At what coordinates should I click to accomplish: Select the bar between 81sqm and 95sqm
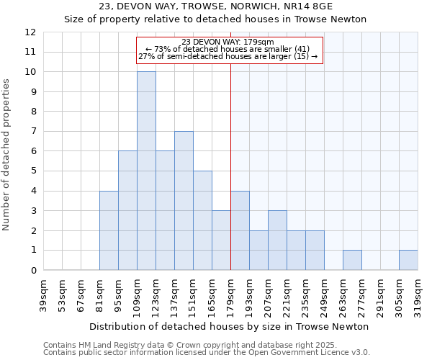pos(109,230)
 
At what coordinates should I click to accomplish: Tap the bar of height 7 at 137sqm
pos(184,201)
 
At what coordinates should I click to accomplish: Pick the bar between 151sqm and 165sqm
pos(202,220)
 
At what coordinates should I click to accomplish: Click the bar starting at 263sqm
pos(352,260)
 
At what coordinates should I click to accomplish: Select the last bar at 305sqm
pos(408,260)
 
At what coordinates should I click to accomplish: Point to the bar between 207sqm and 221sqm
pos(277,240)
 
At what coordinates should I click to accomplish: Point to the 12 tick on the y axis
pos(30,32)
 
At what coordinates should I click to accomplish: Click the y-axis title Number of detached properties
pos(7,155)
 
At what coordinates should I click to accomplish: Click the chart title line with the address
pos(216,7)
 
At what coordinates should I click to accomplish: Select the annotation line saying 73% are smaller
pos(228,49)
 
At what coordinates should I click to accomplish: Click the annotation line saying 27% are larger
pos(228,56)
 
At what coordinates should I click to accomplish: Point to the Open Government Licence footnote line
pos(207,352)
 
